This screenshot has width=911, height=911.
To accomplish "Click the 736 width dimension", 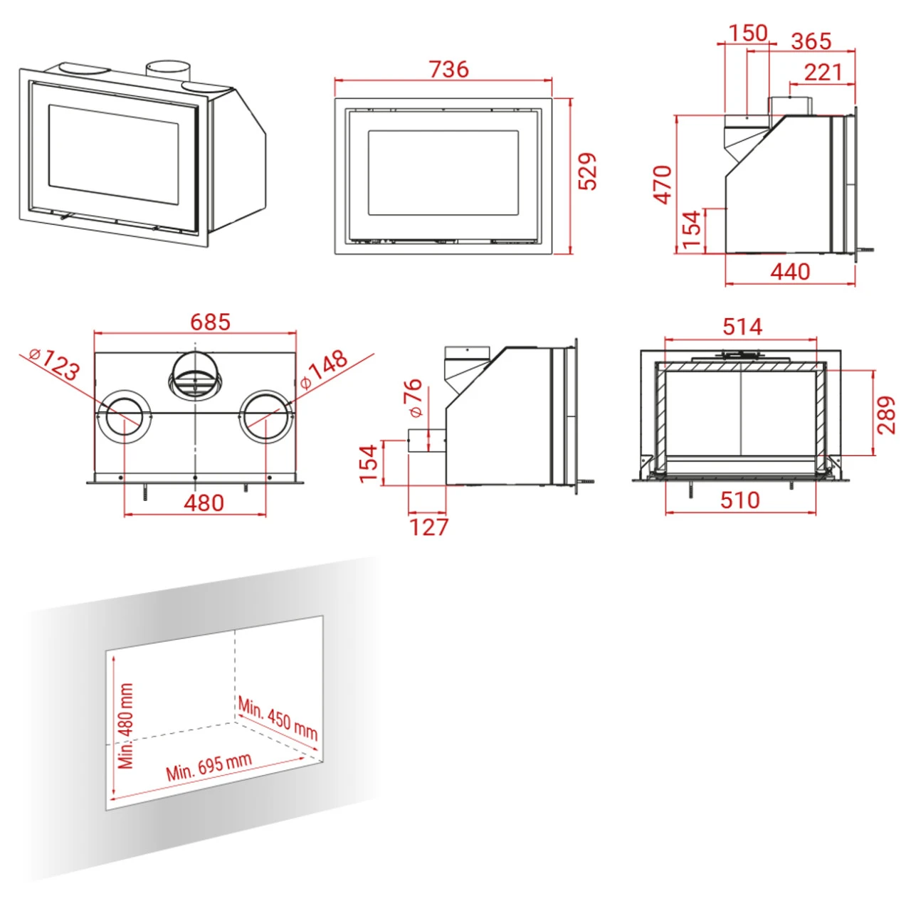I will click(x=448, y=69).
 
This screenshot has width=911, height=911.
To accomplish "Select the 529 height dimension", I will click(x=587, y=172).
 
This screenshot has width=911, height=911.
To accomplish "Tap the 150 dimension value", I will click(x=747, y=33).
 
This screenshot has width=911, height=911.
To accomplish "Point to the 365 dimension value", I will click(x=811, y=41).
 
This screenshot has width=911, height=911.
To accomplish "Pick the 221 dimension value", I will click(x=823, y=72).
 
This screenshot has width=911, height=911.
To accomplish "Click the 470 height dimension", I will click(x=663, y=184).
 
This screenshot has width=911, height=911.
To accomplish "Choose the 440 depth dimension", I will click(x=790, y=271).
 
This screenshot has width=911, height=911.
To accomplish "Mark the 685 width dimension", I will click(x=210, y=322).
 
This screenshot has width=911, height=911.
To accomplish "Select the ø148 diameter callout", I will click(x=324, y=369).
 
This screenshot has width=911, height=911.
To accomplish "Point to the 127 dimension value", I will click(x=428, y=527).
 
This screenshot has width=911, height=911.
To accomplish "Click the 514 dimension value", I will click(x=742, y=327).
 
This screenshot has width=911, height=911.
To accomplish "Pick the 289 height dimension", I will click(x=886, y=415).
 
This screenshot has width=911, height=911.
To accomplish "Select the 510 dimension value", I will click(x=740, y=500).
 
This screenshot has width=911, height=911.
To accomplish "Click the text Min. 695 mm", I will click(x=209, y=767).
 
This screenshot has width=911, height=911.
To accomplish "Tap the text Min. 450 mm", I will click(x=278, y=718).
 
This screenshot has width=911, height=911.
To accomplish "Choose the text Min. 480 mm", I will click(x=126, y=726).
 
